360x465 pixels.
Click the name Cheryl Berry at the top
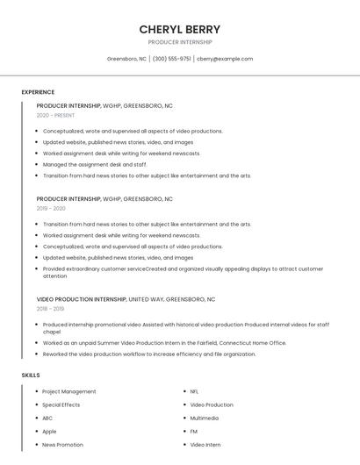coord(180,29)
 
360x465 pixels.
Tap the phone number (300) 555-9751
coord(171,59)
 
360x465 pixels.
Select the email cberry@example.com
coord(225,59)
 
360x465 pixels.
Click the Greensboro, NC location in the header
coord(126,59)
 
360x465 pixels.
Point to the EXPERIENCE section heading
coord(38,92)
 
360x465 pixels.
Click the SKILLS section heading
coord(31,376)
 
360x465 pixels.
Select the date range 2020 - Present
coord(55,116)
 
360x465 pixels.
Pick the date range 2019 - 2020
coord(51,209)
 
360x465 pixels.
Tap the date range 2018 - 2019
coord(50,309)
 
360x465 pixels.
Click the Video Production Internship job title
coord(82,299)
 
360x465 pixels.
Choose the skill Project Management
coord(69,391)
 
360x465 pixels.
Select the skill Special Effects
coord(61,405)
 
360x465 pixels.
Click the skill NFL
coord(195,391)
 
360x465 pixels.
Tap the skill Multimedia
coord(205,418)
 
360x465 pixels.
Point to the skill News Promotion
coord(63,445)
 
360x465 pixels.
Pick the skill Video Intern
coord(205,445)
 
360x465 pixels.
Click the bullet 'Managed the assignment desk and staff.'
coord(95,164)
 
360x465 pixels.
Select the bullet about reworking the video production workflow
coord(149,354)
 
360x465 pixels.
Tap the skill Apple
coord(49,432)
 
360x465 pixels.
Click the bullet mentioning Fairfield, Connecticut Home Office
coord(165,343)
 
